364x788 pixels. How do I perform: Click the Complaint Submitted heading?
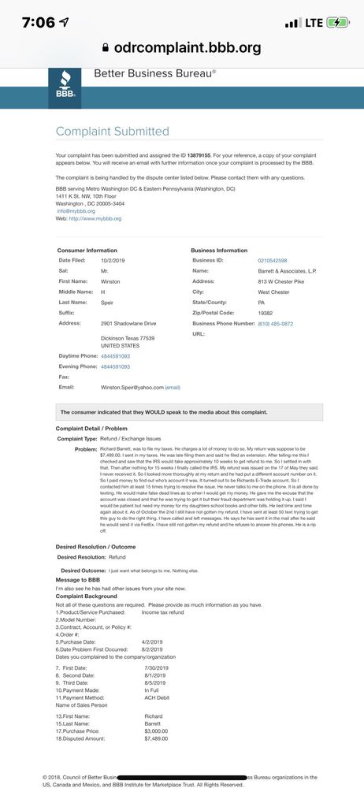point(113,132)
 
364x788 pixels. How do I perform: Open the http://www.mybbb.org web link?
point(95,218)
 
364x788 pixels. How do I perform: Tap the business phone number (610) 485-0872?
point(276,323)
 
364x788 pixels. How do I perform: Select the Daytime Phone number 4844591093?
point(115,356)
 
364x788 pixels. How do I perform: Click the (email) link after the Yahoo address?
point(173,388)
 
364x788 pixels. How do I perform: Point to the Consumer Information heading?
point(87,250)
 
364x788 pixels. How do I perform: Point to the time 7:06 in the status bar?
point(39,22)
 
